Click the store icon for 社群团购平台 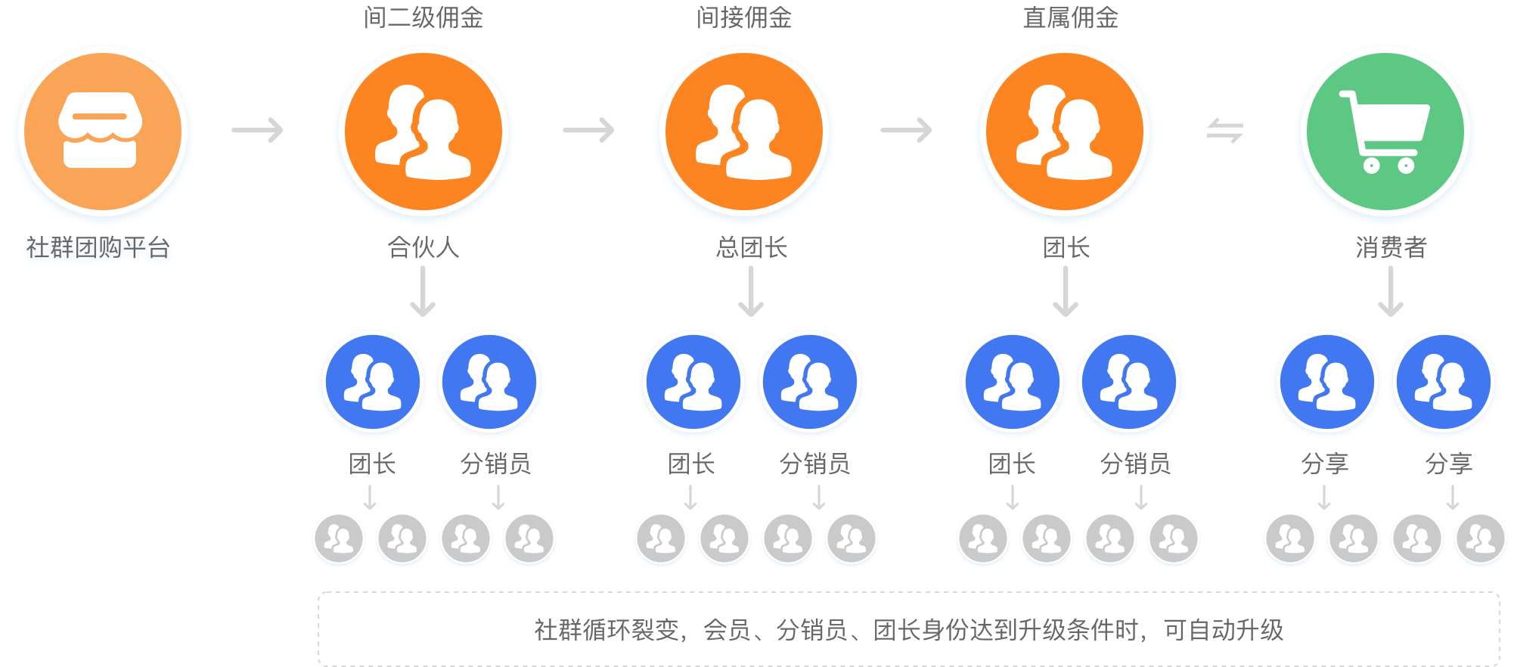(x=102, y=132)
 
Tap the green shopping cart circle (x=1385, y=132)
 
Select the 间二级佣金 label (x=423, y=17)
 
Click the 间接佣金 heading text (x=744, y=17)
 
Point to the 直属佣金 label (x=1070, y=17)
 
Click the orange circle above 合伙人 (x=423, y=132)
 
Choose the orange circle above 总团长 (x=744, y=132)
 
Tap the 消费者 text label (x=1391, y=247)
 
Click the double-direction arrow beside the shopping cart (x=1225, y=130)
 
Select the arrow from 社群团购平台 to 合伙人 (x=258, y=130)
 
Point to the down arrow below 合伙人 (x=423, y=292)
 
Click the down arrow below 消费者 (x=1391, y=292)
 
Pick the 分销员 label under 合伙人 (x=495, y=464)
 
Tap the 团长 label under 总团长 (x=691, y=464)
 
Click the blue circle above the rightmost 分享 (x=1443, y=382)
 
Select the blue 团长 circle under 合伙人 (x=372, y=382)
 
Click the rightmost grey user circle (x=1481, y=539)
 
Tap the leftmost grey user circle (x=339, y=539)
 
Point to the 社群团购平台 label (x=98, y=247)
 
